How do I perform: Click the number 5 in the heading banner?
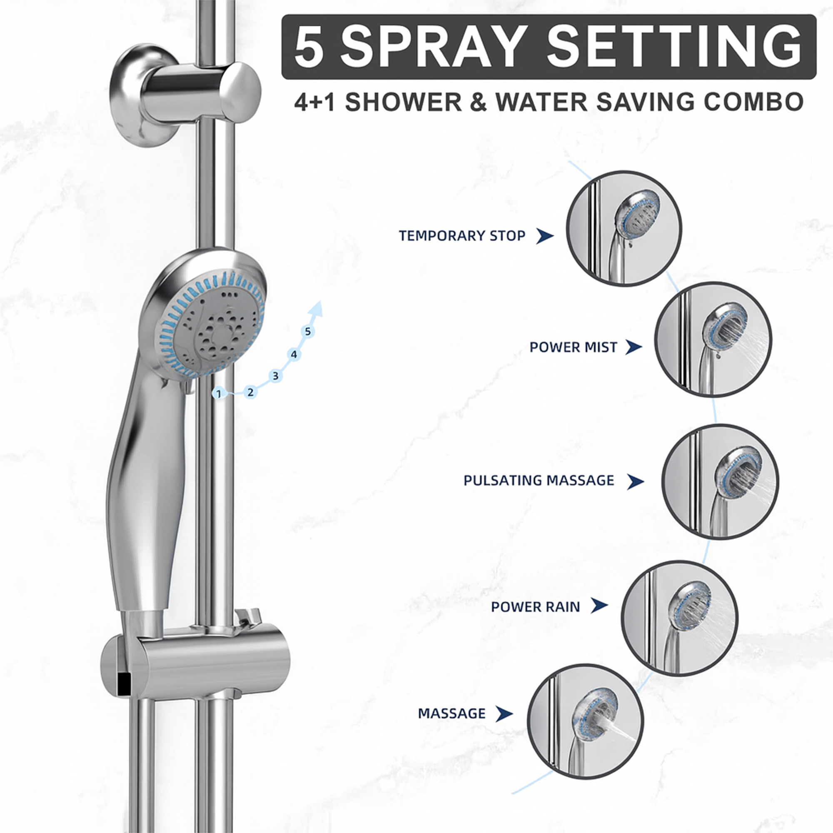pos(309,47)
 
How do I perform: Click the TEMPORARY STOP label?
pos(462,236)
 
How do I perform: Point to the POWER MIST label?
pos(573,347)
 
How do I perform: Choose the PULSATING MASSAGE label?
pos(539,480)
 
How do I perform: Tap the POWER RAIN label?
pos(535,607)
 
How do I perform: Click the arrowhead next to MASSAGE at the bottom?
pos(504,713)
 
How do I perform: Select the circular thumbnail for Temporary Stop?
pos(624,228)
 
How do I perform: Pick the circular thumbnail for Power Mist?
pos(713,340)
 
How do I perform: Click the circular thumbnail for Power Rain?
pos(679,617)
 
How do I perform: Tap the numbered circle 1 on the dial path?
pos(219,394)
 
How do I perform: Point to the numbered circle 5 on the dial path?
pos(307,332)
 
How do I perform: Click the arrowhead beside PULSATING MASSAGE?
pos(635,481)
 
